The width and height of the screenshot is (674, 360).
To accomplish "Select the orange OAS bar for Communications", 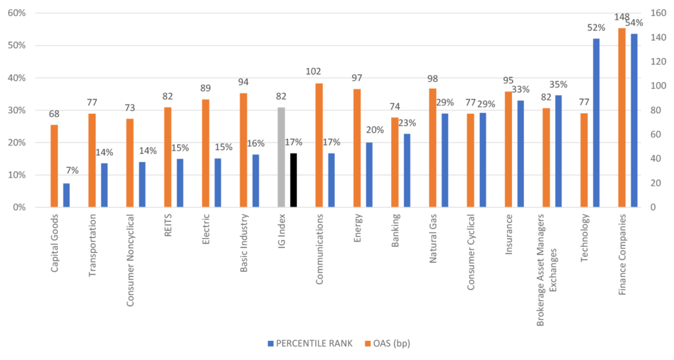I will pos(319,145).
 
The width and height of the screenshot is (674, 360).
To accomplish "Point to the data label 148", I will pos(621,17).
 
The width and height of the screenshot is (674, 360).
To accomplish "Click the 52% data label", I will pos(596,28).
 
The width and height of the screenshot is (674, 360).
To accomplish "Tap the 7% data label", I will pos(71,171).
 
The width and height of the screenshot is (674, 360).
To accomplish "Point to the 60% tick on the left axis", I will pos(16,13).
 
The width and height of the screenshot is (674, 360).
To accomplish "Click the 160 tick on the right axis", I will pos(657,13).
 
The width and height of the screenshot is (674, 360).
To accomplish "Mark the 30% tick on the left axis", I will pos(16,110).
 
